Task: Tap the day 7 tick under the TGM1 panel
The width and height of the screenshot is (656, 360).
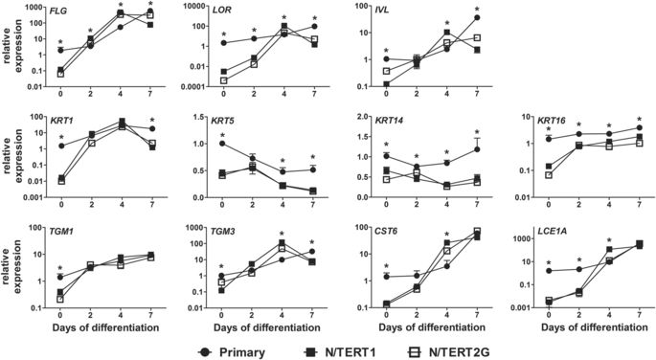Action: [x=150, y=315]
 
